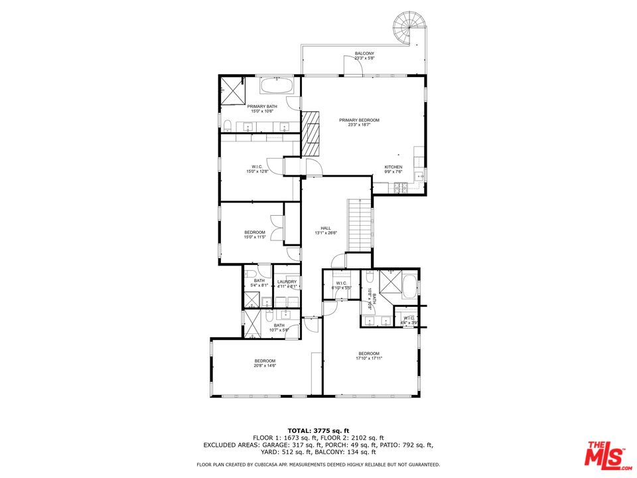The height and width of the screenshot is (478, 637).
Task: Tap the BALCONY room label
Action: (364, 53)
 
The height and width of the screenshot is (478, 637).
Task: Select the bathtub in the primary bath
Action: (275, 86)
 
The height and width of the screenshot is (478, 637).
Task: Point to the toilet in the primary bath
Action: (227, 125)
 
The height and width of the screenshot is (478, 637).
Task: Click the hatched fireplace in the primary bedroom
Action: (311, 133)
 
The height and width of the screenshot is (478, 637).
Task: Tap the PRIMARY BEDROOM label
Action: (359, 120)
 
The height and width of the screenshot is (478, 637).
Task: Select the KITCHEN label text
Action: (393, 167)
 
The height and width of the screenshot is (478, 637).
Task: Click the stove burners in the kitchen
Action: (400, 188)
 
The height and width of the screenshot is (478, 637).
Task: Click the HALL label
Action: (326, 228)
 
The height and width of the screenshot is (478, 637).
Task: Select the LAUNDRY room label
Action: (287, 281)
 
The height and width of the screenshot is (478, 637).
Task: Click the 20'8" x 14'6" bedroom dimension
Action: (265, 365)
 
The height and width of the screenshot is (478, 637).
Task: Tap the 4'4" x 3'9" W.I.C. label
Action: (409, 320)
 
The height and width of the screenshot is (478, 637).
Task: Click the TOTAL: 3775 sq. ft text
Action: (318, 431)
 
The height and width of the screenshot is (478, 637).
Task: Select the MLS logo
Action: (604, 453)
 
